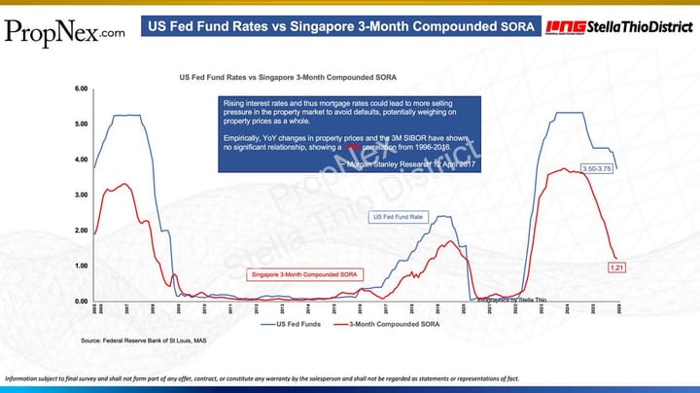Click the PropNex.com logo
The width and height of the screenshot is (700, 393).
click(64, 31)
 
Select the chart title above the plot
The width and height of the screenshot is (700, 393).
click(294, 76)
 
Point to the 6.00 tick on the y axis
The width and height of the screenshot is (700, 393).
click(82, 89)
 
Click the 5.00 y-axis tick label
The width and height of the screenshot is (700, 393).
click(82, 125)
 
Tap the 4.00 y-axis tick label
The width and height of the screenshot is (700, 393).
click(82, 160)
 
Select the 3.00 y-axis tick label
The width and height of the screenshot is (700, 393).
click(82, 196)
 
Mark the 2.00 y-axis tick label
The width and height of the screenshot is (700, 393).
click(82, 231)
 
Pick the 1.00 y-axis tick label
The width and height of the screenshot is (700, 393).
click(82, 266)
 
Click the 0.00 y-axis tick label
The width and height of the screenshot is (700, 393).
click(82, 302)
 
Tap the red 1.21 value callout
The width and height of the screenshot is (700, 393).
click(615, 267)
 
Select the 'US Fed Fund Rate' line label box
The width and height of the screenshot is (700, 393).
click(397, 217)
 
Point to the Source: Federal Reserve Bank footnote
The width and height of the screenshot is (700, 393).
click(143, 341)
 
